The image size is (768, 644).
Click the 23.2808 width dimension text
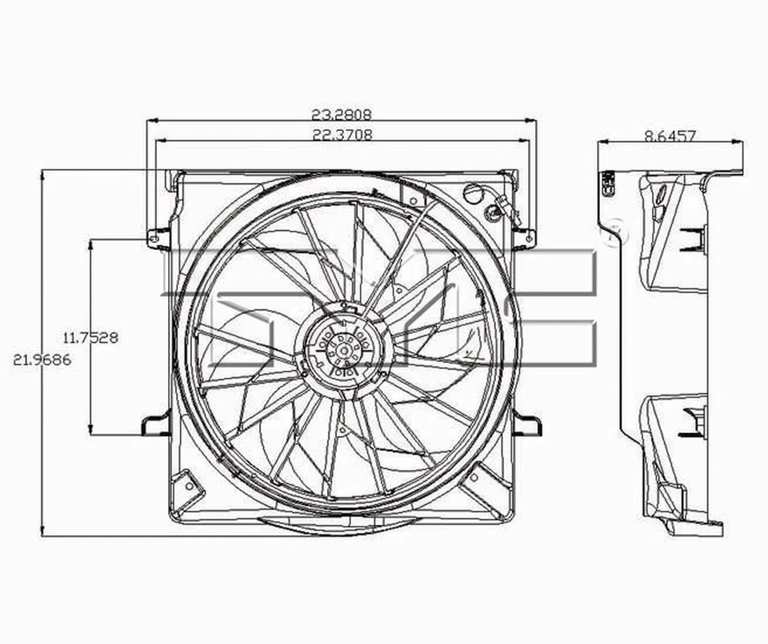342,114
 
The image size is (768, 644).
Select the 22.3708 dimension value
342,134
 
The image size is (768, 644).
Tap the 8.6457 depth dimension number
670,136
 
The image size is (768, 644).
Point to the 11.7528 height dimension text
91,337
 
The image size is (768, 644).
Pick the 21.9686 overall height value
42,360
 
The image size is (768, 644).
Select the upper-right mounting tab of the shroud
525,237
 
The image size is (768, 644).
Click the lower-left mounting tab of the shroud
155,424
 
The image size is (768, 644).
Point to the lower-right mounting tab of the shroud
527,424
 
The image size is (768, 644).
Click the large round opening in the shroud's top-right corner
473,192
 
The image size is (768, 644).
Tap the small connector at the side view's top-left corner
606,183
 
